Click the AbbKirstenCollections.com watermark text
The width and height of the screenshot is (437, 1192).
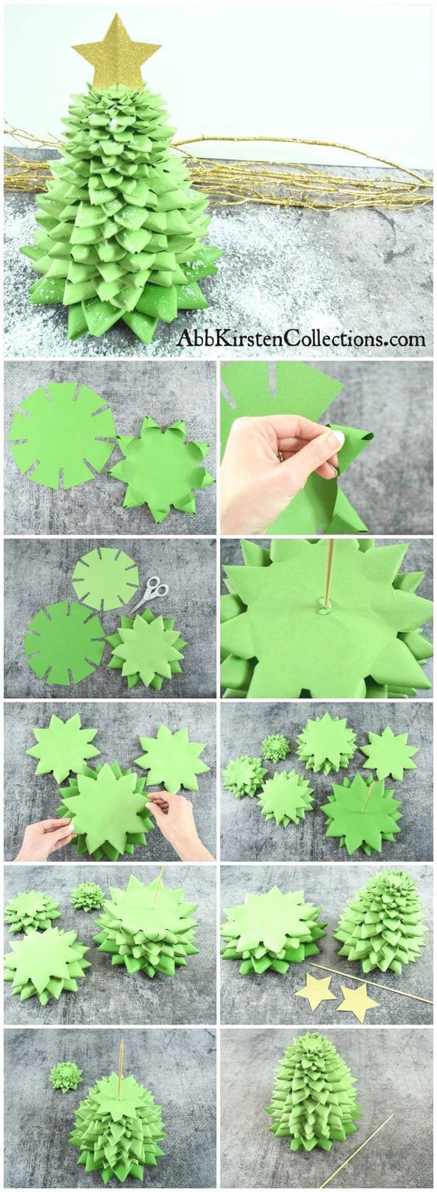pos(301,339)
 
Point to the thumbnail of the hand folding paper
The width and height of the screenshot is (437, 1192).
pos(325,447)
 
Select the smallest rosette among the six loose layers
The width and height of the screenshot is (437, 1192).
pos(275,748)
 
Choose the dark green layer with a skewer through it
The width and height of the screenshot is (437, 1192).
pos(362,814)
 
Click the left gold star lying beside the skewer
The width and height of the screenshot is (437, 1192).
pos(316,991)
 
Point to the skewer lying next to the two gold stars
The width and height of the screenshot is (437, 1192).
pos(372,981)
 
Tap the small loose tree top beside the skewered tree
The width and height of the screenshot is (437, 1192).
pos(66,1076)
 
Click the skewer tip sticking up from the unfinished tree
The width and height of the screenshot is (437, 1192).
pos(121,1047)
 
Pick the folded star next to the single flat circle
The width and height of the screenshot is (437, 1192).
pos(161,469)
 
